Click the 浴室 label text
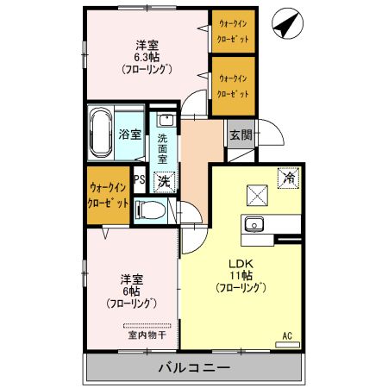point(129,135)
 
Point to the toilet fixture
point(153,210)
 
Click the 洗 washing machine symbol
point(163,182)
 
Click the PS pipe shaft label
point(138,180)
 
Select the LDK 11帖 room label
point(240,274)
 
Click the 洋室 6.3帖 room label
point(144,57)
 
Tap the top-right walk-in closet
point(233,32)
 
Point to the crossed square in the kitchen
point(258,196)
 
